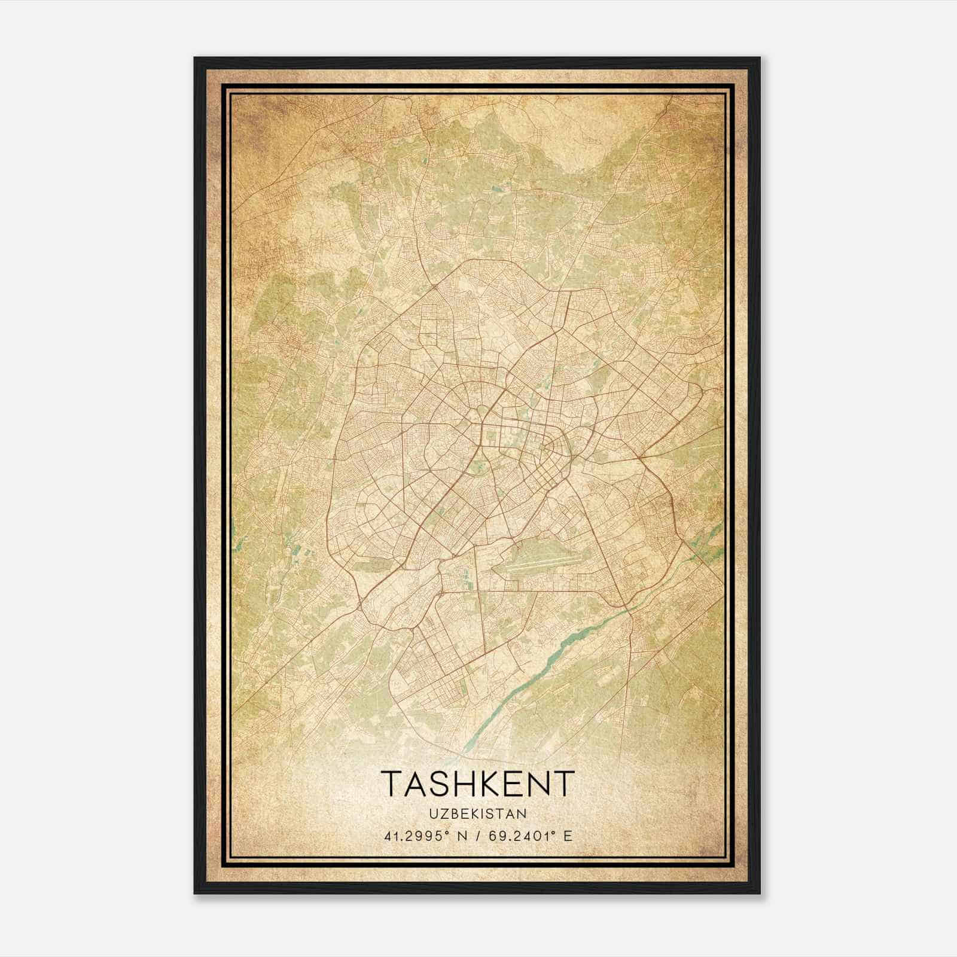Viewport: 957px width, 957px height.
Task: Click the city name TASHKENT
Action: (477, 784)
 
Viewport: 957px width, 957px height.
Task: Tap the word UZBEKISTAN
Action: (477, 814)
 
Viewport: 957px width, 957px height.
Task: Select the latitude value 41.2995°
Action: (417, 836)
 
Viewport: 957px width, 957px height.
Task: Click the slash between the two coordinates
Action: (477, 836)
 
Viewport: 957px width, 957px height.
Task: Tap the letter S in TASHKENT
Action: (429, 784)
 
